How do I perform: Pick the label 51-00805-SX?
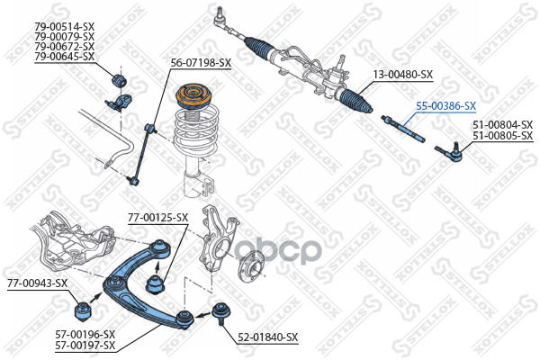[x=502, y=136]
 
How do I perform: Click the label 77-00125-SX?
[x=157, y=217]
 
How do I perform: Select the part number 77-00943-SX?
[x=37, y=283]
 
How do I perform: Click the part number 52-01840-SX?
[x=267, y=337]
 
